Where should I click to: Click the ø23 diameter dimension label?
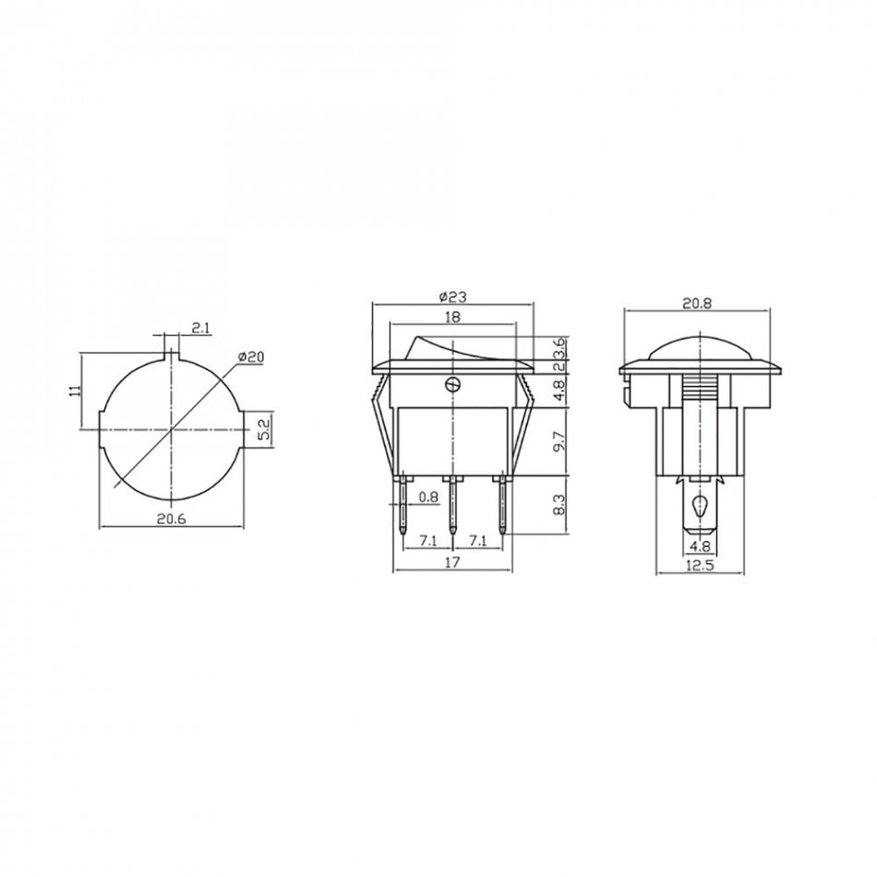(453, 296)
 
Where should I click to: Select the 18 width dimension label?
(453, 317)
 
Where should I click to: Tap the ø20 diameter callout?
(250, 357)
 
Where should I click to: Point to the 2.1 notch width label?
(199, 328)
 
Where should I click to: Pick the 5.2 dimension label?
(265, 429)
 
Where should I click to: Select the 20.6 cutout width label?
(171, 519)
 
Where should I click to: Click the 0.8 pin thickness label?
(429, 497)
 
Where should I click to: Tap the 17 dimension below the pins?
(453, 562)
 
